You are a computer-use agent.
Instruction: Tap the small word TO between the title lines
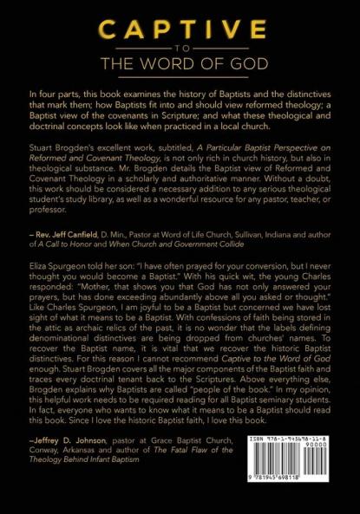click(180, 50)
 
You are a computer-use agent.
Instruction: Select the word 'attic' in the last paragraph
click(51, 333)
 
